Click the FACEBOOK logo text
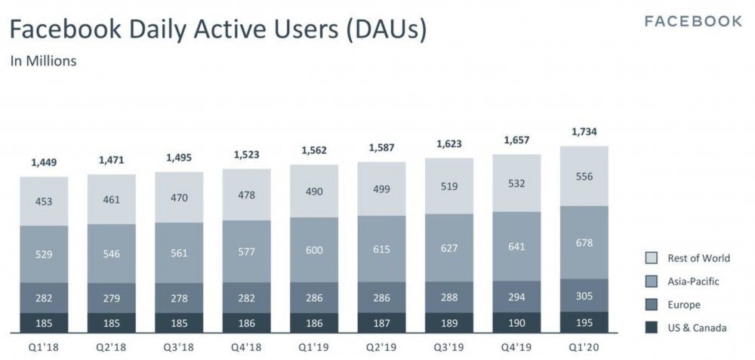(693, 21)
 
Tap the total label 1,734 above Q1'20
(584, 132)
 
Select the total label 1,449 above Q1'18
(45, 162)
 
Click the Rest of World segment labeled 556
(584, 176)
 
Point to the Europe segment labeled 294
(517, 297)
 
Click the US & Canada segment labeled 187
(381, 322)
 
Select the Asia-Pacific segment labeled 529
(45, 254)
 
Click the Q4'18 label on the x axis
(246, 347)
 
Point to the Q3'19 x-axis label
(449, 347)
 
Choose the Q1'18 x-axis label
(45, 347)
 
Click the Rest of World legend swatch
(651, 258)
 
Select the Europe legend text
(684, 305)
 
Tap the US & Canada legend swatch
(651, 328)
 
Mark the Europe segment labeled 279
(112, 298)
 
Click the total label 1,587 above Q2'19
(381, 147)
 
